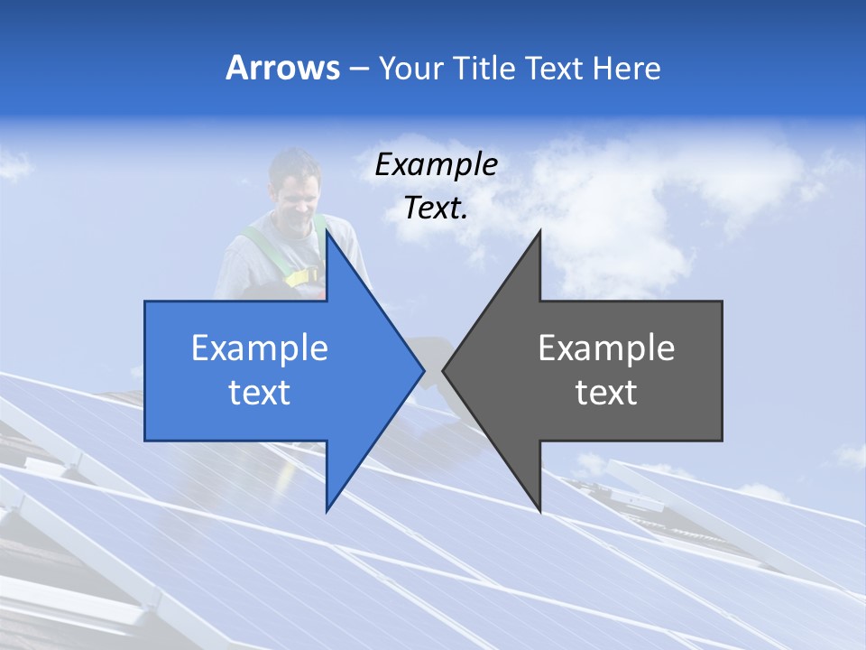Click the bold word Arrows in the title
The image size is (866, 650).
282,69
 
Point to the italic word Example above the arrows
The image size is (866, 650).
437,165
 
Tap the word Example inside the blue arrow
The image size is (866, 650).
260,348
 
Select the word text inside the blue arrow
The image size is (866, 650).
260,393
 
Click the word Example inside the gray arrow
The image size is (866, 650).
606,348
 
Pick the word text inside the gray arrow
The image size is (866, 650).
606,393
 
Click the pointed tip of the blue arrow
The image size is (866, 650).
423,370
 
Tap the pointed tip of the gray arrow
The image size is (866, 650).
444,370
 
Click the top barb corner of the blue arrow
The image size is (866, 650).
327,232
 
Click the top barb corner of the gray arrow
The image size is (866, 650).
539,232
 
